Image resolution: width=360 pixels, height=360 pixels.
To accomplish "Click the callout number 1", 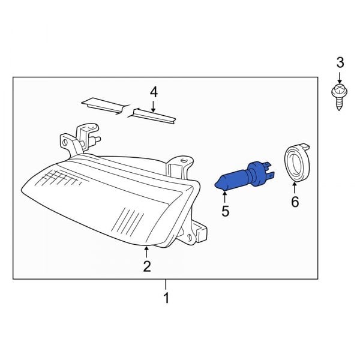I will click(166, 298).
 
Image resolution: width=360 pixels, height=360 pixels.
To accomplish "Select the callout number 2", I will click(146, 266).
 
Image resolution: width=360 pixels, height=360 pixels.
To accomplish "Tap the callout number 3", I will click(341, 62).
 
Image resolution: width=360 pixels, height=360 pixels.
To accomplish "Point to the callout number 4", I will click(154, 92).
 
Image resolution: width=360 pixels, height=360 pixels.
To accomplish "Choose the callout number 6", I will click(295, 202).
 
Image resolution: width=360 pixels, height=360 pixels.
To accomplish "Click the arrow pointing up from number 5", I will click(225, 196).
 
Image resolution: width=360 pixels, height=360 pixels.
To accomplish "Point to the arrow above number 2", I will click(146, 252).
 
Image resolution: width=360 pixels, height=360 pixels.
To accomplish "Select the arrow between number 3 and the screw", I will click(340, 76).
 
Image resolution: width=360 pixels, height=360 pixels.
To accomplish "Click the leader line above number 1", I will click(166, 285).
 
